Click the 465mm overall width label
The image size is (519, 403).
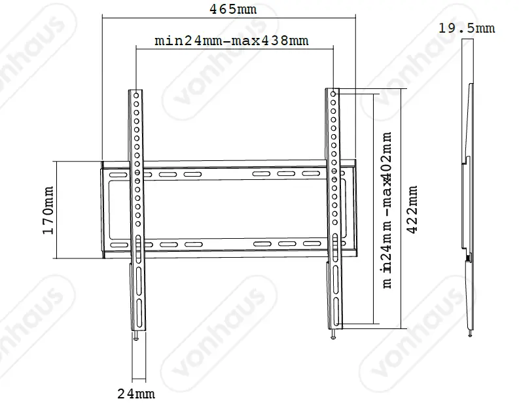[228, 9]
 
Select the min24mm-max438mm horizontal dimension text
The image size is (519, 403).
[231, 41]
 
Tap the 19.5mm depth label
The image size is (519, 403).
[467, 28]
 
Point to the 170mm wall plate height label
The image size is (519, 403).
[48, 209]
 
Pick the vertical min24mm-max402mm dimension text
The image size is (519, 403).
[387, 209]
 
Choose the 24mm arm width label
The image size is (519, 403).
[136, 393]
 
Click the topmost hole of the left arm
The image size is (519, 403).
[136, 96]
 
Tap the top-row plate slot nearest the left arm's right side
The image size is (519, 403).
[166, 175]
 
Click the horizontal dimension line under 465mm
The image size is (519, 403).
[228, 18]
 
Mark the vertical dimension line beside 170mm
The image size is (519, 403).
[58, 209]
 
